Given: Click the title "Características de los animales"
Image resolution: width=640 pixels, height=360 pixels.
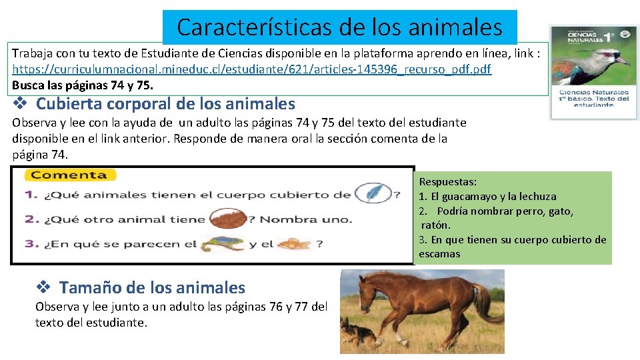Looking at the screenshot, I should coord(339,27).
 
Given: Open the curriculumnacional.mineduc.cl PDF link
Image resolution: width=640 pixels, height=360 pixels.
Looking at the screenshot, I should coord(251,69).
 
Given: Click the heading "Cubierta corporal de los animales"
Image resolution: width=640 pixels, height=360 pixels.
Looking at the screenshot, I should coord(165,104).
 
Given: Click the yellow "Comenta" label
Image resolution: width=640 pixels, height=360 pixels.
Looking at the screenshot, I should coord(69,175).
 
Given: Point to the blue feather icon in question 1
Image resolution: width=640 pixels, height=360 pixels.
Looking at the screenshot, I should coord(373,194).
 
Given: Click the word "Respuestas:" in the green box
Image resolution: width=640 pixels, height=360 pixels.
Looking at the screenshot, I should coord(448,181).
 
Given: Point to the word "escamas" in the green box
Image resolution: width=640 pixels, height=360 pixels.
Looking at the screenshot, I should coord(439,254).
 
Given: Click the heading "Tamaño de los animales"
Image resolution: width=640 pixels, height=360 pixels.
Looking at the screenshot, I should coord(152,287).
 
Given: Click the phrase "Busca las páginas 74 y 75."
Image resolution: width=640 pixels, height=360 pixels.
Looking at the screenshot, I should coord(83,85).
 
